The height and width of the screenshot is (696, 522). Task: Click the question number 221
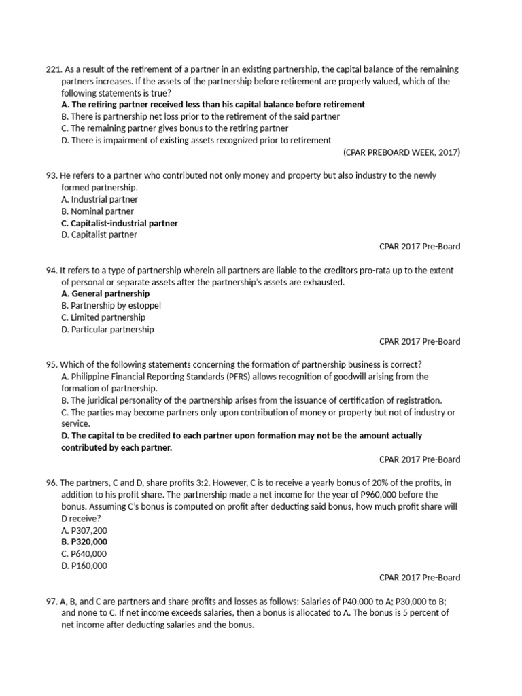[x=52, y=69]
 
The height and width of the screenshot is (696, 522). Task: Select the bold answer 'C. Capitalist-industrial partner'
[x=119, y=223]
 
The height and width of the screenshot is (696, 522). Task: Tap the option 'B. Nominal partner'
[x=97, y=211]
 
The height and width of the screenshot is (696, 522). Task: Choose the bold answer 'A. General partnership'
[x=105, y=294]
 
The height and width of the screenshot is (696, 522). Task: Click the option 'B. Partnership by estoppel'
[x=111, y=305]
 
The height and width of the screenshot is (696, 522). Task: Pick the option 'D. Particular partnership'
[x=107, y=329]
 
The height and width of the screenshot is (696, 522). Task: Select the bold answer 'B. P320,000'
[x=84, y=542]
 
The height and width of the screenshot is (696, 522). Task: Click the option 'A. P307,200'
[x=84, y=530]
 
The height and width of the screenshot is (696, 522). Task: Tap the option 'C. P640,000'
[x=84, y=554]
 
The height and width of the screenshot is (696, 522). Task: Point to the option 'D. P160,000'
[x=84, y=565]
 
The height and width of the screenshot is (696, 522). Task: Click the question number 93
[x=50, y=175]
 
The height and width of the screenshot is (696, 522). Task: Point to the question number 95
[x=50, y=364]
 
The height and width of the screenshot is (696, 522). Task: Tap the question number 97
[x=50, y=601]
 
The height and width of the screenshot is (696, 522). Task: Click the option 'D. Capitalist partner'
[x=99, y=234]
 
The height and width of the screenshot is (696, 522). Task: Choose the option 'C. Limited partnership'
[x=103, y=317]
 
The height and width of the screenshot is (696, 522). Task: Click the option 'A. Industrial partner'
[x=99, y=199]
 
